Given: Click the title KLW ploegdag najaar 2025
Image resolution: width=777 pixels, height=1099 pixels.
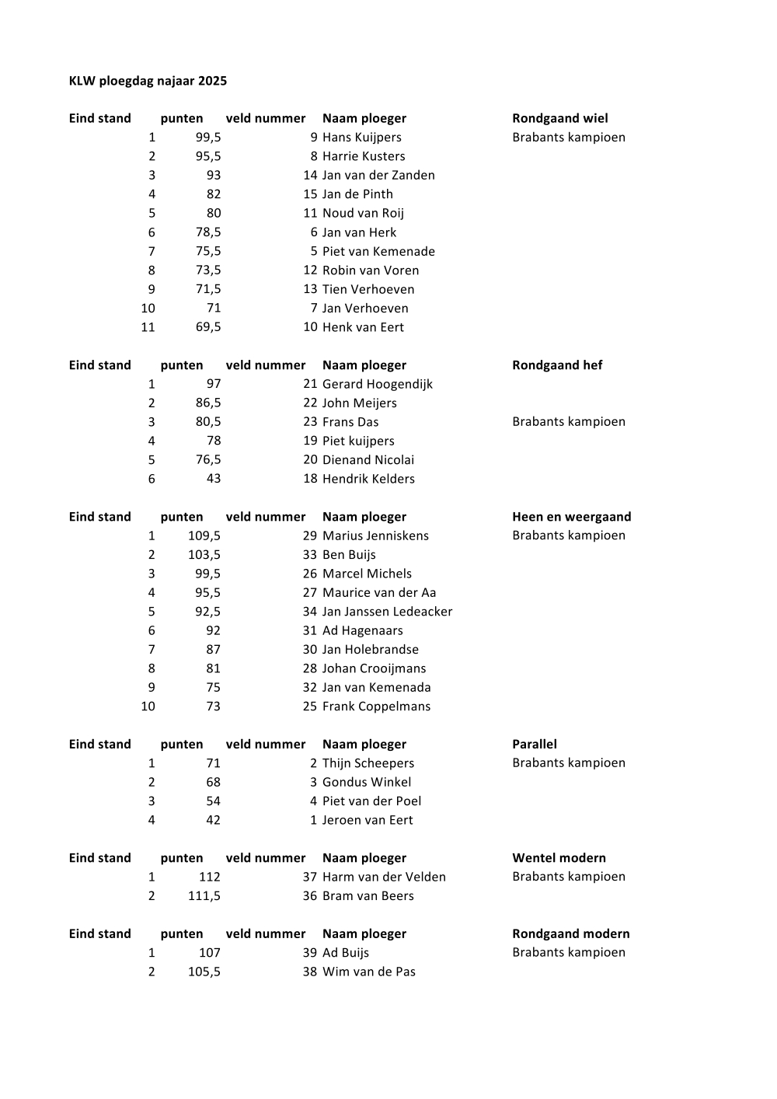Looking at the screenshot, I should pos(148,81).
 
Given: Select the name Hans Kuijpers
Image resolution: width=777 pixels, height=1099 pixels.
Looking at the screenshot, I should pos(362,138).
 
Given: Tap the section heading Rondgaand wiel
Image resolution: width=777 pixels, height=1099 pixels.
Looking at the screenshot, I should pos(559,118).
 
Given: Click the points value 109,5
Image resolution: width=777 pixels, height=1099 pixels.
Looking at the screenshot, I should pos(204,536).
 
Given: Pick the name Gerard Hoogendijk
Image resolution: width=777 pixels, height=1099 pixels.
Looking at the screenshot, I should pos(378,384).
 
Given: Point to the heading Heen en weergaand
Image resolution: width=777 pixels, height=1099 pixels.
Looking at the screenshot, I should pos(571,517).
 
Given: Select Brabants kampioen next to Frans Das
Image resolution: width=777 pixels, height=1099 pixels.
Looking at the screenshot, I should pos(568,422).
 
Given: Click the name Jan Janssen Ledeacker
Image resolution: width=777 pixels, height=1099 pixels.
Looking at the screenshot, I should pos(387,612).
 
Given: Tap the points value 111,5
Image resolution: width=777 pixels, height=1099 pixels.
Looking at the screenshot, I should pos(204,896).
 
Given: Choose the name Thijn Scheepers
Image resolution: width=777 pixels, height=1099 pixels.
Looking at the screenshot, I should pos(368,763).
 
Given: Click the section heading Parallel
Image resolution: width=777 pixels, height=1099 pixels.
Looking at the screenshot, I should pos(535,744).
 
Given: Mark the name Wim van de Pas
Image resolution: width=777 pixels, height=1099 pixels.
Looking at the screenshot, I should pos(369,972).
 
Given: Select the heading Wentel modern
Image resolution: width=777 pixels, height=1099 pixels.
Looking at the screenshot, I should pos(559,858).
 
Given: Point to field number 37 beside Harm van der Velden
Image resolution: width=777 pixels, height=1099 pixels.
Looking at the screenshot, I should pos(310,877).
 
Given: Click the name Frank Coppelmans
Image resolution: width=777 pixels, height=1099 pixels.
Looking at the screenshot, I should pos(376,706).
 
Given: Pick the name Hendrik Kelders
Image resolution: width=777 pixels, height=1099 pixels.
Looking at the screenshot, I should pos(368,479).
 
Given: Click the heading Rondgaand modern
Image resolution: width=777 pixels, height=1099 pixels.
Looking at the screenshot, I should pos(570,933).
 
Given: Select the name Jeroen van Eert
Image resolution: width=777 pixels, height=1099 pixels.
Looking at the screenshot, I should pos(368,820).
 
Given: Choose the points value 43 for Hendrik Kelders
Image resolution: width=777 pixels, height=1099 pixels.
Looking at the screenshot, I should pos(213,479).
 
